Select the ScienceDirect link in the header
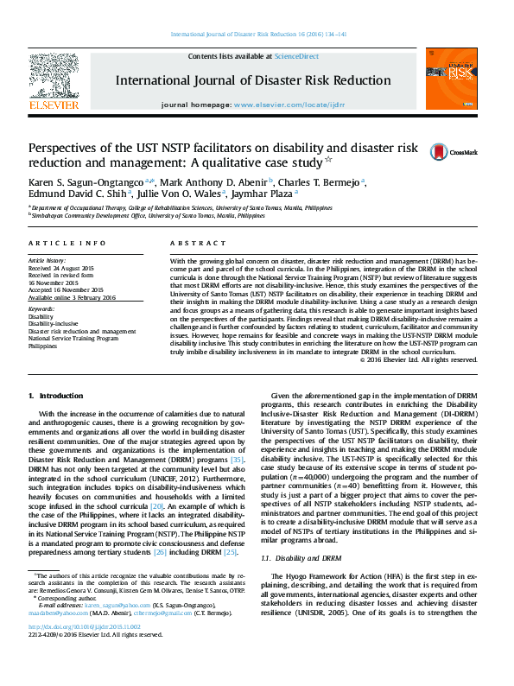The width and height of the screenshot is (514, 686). pyautogui.click(x=297, y=56)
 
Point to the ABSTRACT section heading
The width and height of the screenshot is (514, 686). pyautogui.click(x=192, y=245)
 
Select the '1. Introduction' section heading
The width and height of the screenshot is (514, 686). pyautogui.click(x=56, y=395)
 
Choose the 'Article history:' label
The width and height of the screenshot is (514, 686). pyautogui.click(x=48, y=260)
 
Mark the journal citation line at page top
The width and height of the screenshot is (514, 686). pyautogui.click(x=257, y=34)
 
